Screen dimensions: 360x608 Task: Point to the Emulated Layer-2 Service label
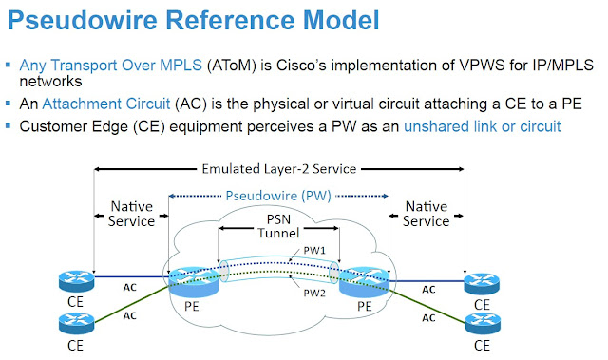(x=278, y=169)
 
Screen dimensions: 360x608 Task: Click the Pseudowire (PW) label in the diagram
(x=277, y=196)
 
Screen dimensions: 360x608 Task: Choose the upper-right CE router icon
(x=483, y=282)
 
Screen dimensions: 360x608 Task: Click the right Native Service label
(x=426, y=213)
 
